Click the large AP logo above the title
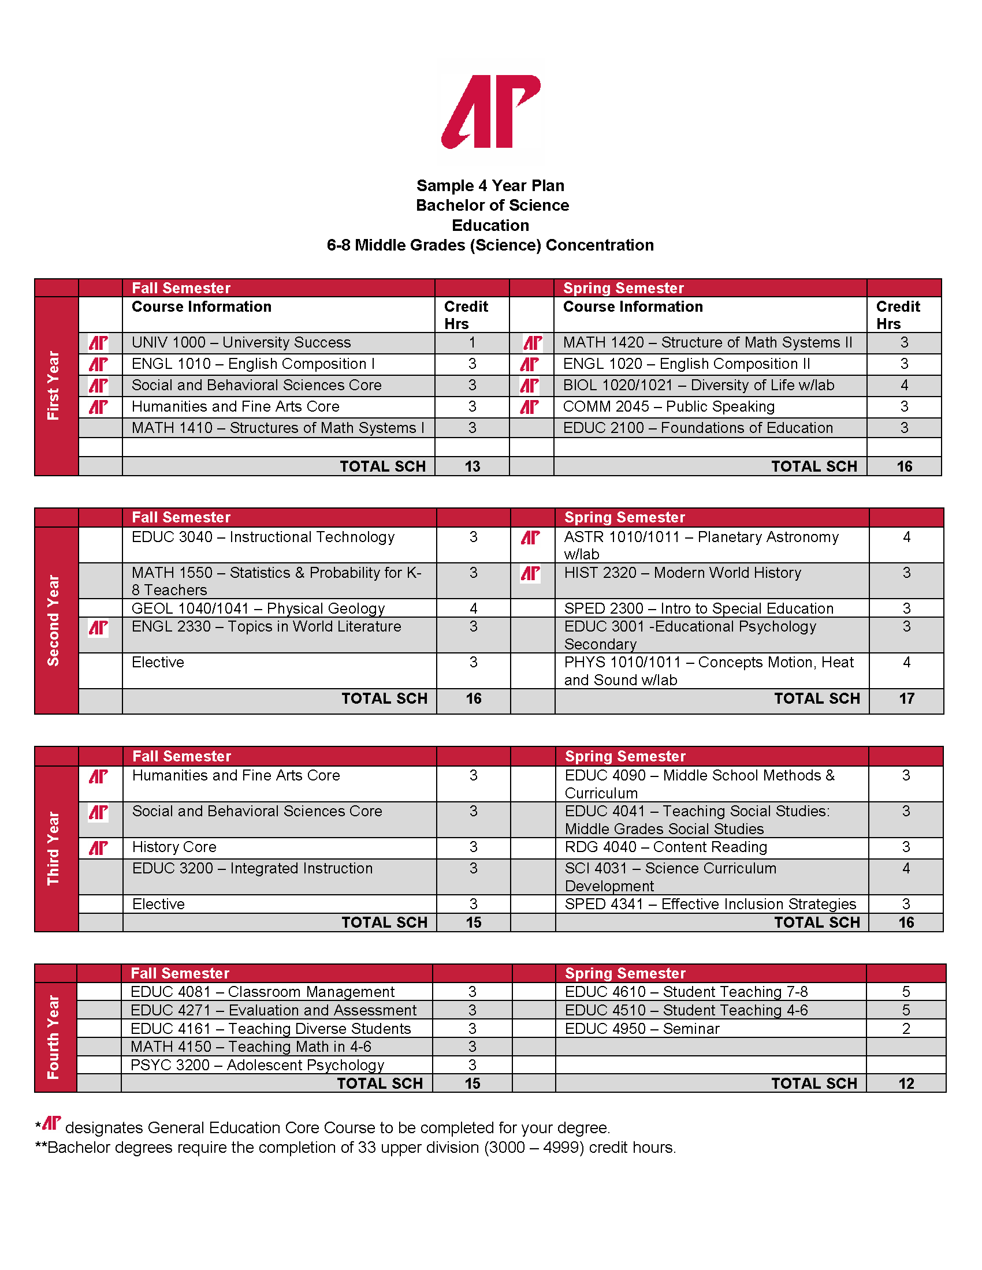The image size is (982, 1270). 492,111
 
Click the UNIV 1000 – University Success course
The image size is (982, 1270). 241,342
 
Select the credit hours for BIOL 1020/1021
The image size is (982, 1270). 904,385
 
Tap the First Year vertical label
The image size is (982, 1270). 54,385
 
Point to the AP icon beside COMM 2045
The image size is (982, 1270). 529,406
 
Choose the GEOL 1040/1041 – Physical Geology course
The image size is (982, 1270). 258,608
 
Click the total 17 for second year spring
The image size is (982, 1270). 906,698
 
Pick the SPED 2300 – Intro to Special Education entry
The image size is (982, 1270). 698,608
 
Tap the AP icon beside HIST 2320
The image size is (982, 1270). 530,574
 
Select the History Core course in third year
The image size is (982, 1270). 174,847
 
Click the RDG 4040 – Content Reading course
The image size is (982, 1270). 665,847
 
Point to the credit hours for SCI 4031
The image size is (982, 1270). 906,868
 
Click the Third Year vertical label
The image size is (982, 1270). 54,848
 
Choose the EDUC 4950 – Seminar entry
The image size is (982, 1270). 642,1029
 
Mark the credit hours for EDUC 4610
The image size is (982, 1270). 906,991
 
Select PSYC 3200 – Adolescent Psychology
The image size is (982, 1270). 257,1064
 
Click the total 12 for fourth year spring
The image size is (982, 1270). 906,1084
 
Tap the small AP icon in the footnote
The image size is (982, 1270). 52,1123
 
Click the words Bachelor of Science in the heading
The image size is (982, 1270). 492,206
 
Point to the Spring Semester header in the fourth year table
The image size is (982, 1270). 625,973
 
